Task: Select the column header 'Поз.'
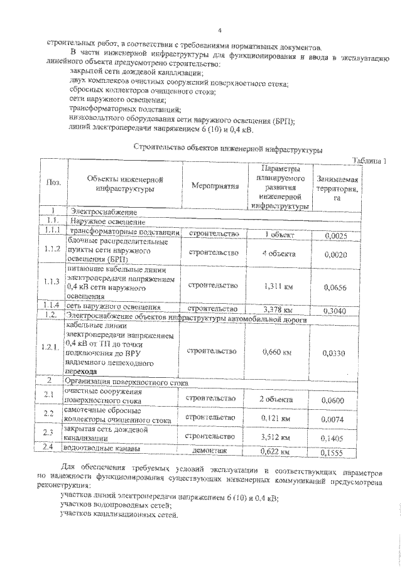pyautogui.click(x=54, y=183)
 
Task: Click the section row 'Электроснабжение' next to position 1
pyautogui.click(x=104, y=212)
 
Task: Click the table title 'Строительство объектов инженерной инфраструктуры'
pyautogui.click(x=229, y=149)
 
